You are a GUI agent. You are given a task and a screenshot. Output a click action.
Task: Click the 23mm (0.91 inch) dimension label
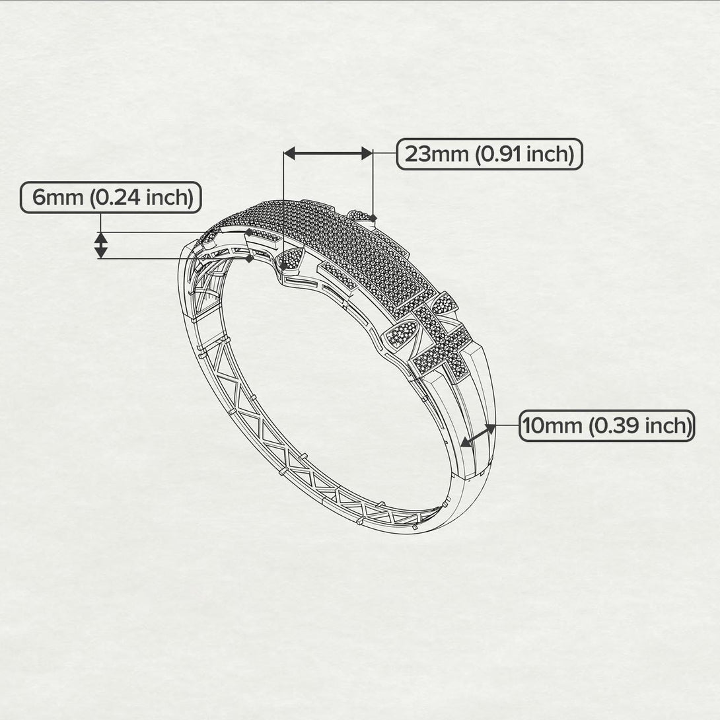click(489, 154)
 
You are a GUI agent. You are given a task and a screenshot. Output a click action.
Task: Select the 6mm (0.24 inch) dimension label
click(110, 197)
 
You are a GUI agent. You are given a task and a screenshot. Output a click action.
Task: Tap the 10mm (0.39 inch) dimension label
click(606, 426)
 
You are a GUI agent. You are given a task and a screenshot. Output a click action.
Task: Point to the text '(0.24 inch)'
click(141, 197)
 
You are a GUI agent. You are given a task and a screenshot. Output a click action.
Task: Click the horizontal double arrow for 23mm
click(328, 153)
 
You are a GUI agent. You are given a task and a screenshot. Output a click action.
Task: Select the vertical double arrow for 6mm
click(100, 245)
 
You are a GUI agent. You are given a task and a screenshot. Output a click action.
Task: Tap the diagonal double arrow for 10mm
click(478, 435)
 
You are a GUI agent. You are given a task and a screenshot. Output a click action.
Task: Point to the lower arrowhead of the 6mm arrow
click(100, 252)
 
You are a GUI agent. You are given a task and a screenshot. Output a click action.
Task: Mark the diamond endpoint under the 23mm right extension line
click(373, 217)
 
